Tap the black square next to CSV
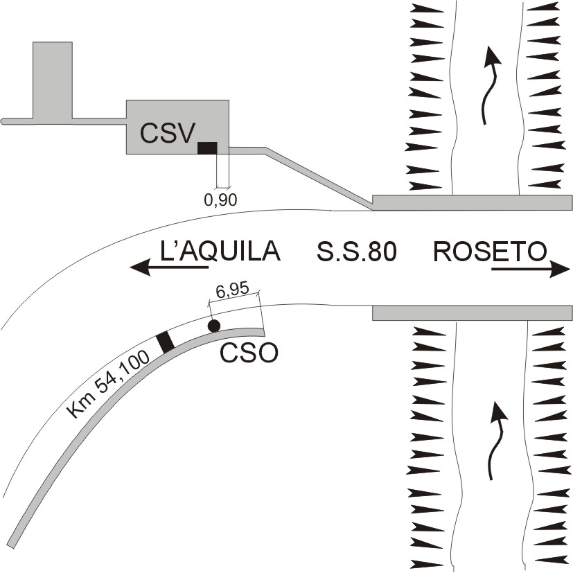coord(207,147)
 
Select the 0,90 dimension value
coord(221,200)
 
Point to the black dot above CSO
coord(214,325)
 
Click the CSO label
coord(249,354)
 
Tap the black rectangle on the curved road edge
coord(165,342)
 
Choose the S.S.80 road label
coord(356,252)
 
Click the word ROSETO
coord(490,251)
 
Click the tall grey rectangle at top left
coord(52,80)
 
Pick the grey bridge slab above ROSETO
coord(472,202)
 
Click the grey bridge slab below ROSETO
coord(472,312)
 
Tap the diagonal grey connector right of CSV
coord(319,177)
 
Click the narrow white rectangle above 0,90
coord(222,170)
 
